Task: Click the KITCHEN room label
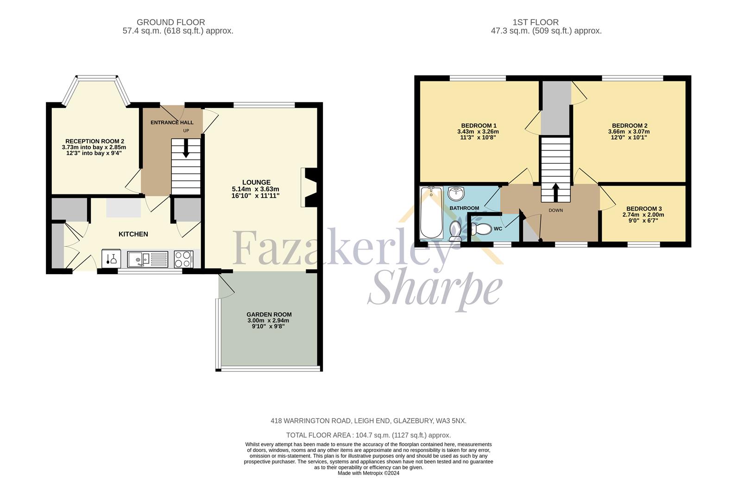pos(133,234)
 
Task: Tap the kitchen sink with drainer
pos(148,259)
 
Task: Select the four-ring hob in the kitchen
pos(183,259)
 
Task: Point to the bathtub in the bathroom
pos(431,212)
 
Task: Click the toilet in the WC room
pos(481,229)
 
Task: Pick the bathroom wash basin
pos(456,194)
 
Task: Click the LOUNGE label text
pos(256,182)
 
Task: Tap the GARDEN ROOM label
pos(269,315)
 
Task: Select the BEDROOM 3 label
pos(644,209)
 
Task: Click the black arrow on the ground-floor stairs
pos(186,148)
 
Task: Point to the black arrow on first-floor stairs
pos(556,192)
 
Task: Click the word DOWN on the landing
pos(556,210)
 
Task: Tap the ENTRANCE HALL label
pos(172,123)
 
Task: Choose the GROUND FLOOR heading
pos(171,22)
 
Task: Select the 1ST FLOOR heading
pos(535,22)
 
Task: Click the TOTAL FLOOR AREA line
pos(369,435)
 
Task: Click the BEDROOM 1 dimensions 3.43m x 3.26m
pos(478,131)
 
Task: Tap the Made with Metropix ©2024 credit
pos(369,473)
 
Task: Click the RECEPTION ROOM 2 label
pos(95,141)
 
